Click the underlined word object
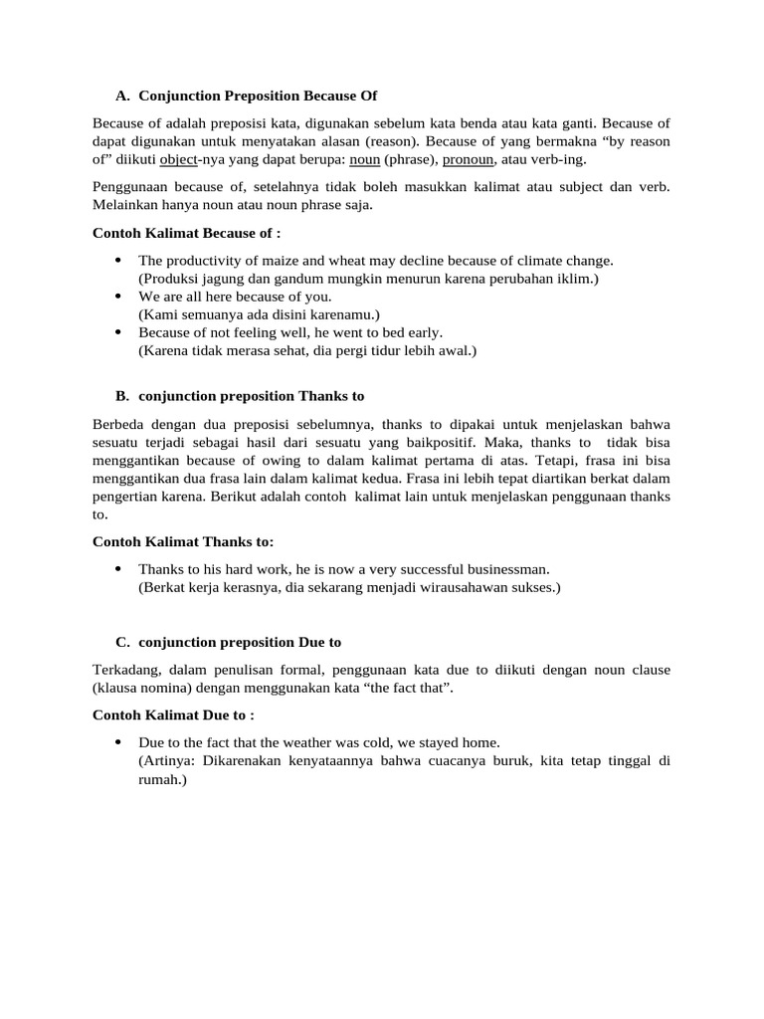179,159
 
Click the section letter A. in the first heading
122,96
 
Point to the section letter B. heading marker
122,396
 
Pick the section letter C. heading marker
122,642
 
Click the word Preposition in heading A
253,96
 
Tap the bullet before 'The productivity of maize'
118,261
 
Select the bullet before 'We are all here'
118,297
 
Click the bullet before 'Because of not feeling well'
118,332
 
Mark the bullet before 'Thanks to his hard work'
118,569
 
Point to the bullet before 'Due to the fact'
118,742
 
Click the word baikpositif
478,442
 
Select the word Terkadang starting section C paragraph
122,670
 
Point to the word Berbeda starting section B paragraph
118,424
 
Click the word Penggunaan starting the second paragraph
128,187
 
